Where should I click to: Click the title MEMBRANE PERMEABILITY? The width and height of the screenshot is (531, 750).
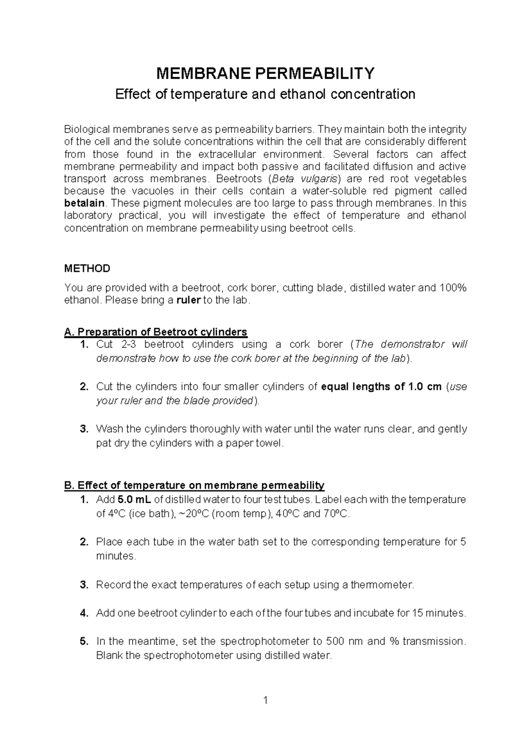point(265,73)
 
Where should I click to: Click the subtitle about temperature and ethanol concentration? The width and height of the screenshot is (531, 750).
point(265,94)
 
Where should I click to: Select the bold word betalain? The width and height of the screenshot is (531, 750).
point(85,203)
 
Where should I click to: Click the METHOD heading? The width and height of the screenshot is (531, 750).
point(87,268)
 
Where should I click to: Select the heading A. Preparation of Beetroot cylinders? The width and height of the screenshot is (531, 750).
point(155,332)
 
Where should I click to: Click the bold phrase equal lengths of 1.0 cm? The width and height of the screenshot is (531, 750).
point(381,386)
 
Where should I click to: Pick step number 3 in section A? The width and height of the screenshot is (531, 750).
point(84,429)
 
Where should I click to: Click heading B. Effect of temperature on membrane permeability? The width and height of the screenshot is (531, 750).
point(194,486)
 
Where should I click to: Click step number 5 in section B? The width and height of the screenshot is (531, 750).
point(84,641)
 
